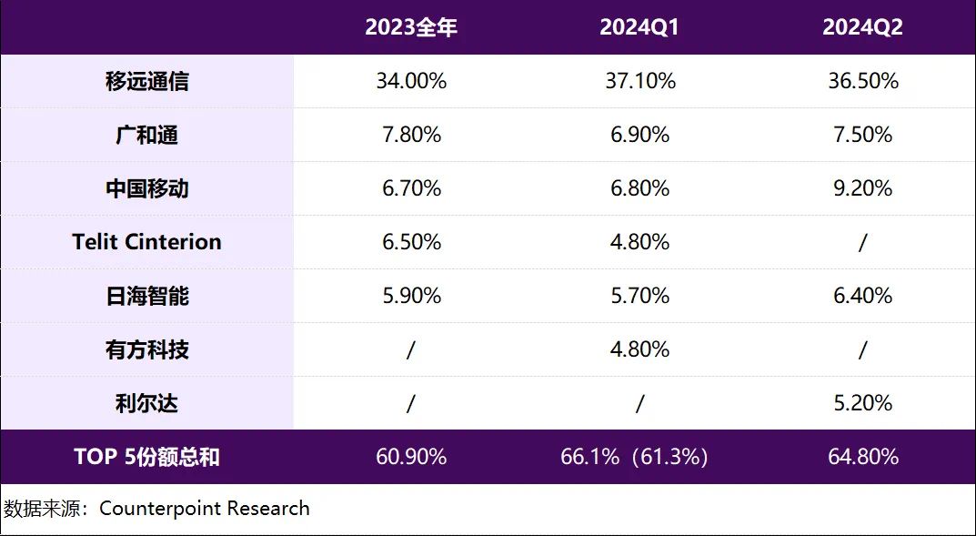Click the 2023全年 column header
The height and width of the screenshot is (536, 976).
pyautogui.click(x=411, y=27)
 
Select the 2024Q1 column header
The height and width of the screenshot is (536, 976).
pyautogui.click(x=639, y=27)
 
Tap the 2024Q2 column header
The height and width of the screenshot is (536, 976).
pyautogui.click(x=862, y=27)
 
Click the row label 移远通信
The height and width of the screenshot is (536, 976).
pyautogui.click(x=147, y=81)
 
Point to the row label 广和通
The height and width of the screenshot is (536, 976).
pyautogui.click(x=147, y=135)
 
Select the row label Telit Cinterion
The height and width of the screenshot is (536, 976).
pyautogui.click(x=147, y=242)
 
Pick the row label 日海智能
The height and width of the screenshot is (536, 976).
pyautogui.click(x=147, y=296)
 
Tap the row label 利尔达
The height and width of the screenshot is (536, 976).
pyautogui.click(x=147, y=403)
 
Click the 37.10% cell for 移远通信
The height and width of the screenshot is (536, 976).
pyautogui.click(x=640, y=81)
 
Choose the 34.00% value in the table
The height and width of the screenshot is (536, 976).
pyautogui.click(x=411, y=81)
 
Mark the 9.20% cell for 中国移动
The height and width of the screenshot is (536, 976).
pyautogui.click(x=862, y=188)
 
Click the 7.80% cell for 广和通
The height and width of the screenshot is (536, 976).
pyautogui.click(x=411, y=135)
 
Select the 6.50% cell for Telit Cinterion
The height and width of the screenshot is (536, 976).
pyautogui.click(x=411, y=242)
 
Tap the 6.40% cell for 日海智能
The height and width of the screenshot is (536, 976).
pyautogui.click(x=862, y=296)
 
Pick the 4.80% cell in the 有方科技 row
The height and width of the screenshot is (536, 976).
pyautogui.click(x=640, y=349)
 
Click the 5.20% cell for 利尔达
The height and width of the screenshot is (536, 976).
pyautogui.click(x=862, y=403)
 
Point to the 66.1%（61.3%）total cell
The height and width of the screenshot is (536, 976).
pyautogui.click(x=634, y=457)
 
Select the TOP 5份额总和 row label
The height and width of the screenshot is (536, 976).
pyautogui.click(x=147, y=457)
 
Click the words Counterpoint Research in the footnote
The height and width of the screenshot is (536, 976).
pyautogui.click(x=205, y=508)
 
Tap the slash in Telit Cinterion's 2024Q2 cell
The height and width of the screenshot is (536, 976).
pyautogui.click(x=862, y=242)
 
